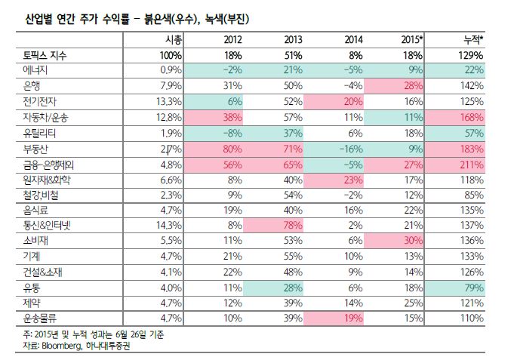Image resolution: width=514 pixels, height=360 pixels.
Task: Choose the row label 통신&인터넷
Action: (43, 225)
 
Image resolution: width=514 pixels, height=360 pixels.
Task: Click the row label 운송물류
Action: (35, 318)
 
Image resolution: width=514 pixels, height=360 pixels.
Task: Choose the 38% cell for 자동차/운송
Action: (232, 116)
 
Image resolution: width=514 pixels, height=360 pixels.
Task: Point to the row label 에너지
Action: (30, 69)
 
